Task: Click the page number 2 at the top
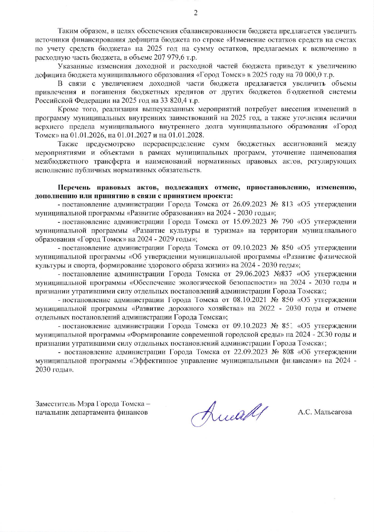(195, 13)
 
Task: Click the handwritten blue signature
(229, 413)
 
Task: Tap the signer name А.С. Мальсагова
(325, 412)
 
